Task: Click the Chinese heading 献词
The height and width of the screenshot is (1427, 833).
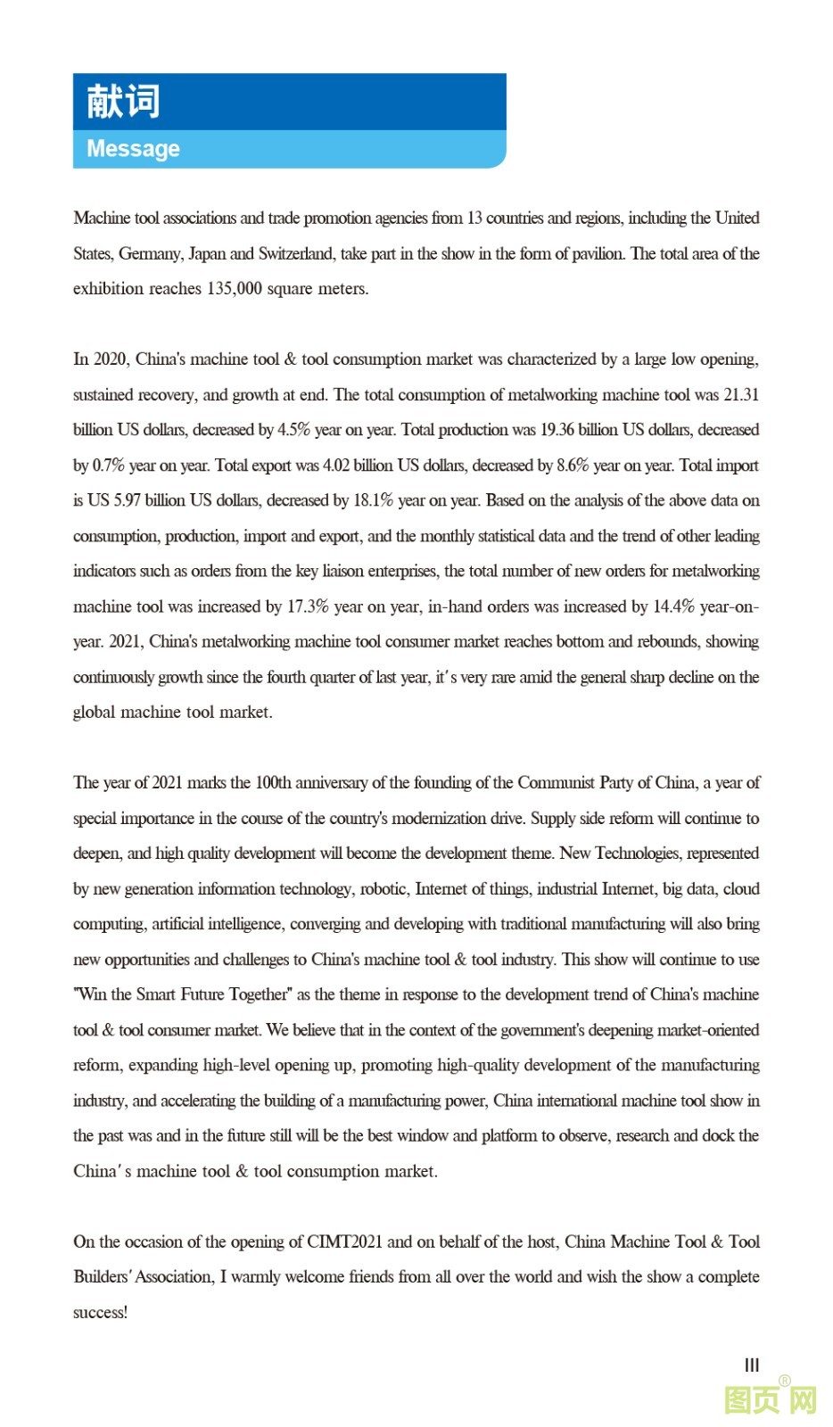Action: tap(123, 101)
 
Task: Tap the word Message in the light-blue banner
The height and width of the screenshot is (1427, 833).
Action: tap(133, 149)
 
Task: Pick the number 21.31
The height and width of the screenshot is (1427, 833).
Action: tap(741, 395)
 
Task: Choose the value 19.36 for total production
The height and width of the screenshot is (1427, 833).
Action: tap(557, 430)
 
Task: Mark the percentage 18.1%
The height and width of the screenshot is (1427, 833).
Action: tap(373, 500)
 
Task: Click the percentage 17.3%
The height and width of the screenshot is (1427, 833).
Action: tap(308, 606)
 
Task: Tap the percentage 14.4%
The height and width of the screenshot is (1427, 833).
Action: tap(673, 606)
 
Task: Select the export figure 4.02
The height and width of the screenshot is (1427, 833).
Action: tap(336, 466)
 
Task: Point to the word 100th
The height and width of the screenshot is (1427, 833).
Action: tap(273, 783)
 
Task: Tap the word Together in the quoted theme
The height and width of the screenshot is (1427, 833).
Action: tap(261, 994)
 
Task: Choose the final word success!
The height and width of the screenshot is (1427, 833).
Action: tap(100, 1313)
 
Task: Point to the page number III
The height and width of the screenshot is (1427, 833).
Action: tap(752, 1365)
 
